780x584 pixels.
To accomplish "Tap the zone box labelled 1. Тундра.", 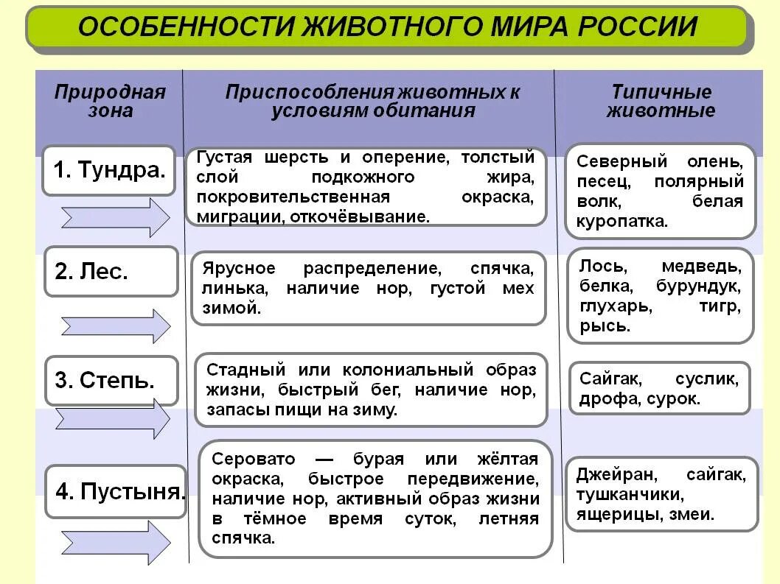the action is point(108,170).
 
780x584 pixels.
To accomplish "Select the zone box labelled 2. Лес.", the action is point(111,271).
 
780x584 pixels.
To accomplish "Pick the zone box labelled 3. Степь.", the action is point(111,380).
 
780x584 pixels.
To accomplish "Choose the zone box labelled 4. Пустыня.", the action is point(116,491).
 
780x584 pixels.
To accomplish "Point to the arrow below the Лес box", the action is point(116,326).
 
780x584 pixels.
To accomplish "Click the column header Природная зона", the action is point(110,101).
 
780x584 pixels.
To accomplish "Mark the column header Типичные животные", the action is point(661,101).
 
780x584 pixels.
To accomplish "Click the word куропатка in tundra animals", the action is point(621,221).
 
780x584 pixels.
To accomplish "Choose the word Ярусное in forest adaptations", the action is point(238,268).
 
